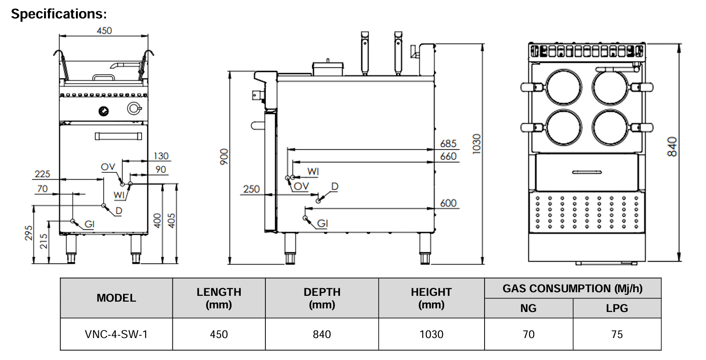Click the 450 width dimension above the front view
[x=104, y=31]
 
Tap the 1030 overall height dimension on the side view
[x=477, y=144]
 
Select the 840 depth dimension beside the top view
[x=672, y=147]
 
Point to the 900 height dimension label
[x=224, y=157]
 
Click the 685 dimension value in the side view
[x=448, y=144]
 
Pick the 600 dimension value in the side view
[x=448, y=203]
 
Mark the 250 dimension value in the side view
[x=252, y=189]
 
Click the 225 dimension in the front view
[x=43, y=174]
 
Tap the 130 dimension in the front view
[x=161, y=156]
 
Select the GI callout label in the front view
[x=89, y=224]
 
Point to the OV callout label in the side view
[x=301, y=186]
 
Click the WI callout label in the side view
[x=313, y=171]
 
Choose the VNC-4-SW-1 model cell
[x=116, y=334]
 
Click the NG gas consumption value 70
[x=529, y=334]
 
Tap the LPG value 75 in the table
[x=617, y=334]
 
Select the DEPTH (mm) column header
[x=322, y=298]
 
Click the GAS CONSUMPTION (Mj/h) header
[x=573, y=289]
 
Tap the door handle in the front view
[x=121, y=136]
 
